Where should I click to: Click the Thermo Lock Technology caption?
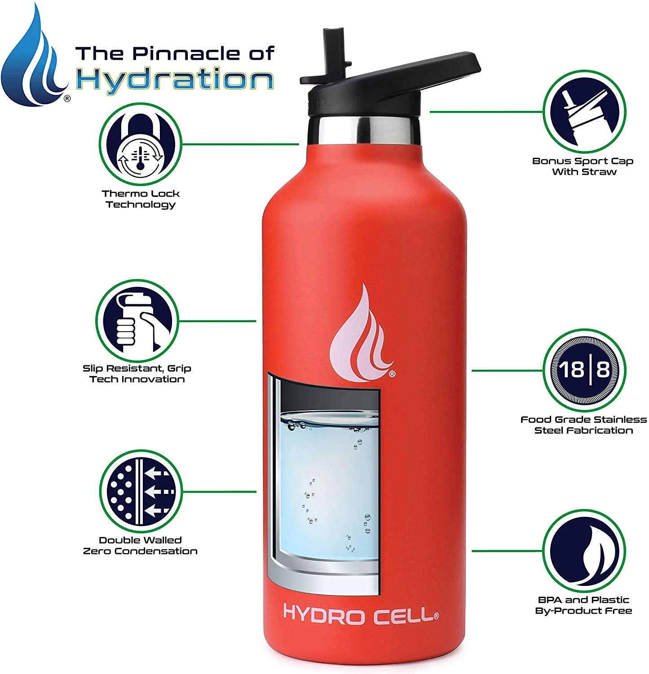pyautogui.click(x=141, y=199)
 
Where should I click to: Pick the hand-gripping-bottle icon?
pyautogui.click(x=137, y=321)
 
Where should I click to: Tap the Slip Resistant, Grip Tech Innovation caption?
pyautogui.click(x=137, y=373)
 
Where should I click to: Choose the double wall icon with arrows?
pyautogui.click(x=141, y=491)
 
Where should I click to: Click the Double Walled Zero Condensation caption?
pyautogui.click(x=140, y=545)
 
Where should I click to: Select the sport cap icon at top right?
pyautogui.click(x=584, y=111)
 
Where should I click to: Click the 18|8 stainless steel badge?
pyautogui.click(x=584, y=370)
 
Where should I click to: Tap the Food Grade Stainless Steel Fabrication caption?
pyautogui.click(x=583, y=425)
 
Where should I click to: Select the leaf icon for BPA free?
pyautogui.click(x=584, y=551)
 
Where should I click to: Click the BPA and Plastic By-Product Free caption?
pyautogui.click(x=583, y=605)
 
